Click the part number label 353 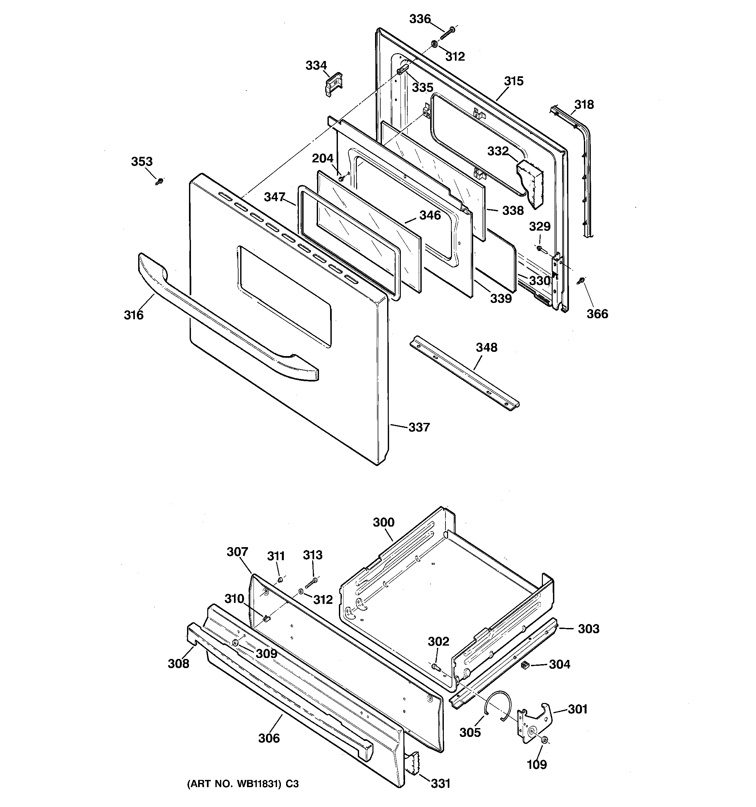tap(142, 161)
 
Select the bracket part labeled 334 tap(334, 84)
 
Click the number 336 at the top tap(420, 19)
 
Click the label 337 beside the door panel tap(419, 427)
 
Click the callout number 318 tap(584, 105)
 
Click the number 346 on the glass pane tap(430, 216)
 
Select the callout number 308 tap(179, 664)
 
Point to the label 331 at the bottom tap(440, 783)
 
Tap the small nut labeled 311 tap(280, 578)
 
